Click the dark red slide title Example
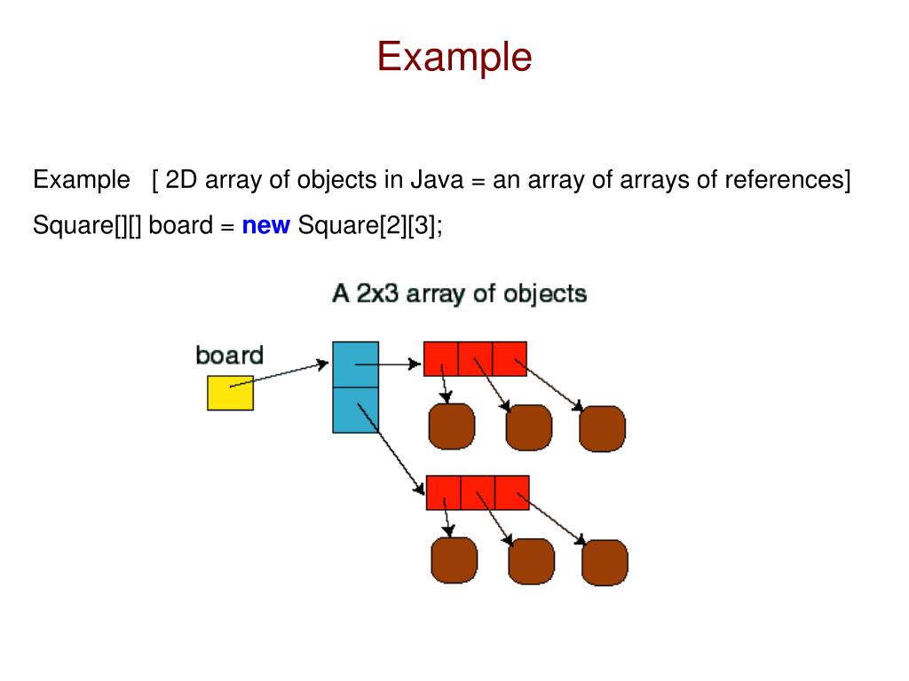pos(454,57)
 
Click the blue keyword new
pos(265,226)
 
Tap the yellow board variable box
pos(230,393)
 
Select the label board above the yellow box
pos(229,356)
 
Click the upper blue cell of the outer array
pos(355,364)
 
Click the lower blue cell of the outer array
pos(355,410)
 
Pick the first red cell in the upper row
pos(441,358)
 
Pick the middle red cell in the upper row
pos(475,358)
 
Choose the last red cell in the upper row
pos(510,358)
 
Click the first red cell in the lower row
pos(444,492)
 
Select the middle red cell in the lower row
pos(478,492)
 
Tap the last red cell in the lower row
pos(512,492)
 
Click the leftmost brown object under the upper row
pos(452,427)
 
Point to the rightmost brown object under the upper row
pos(602,428)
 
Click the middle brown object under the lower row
pos(531,560)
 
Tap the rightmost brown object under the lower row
pos(605,562)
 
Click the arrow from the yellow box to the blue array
pos(280,375)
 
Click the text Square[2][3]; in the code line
pos(370,226)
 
